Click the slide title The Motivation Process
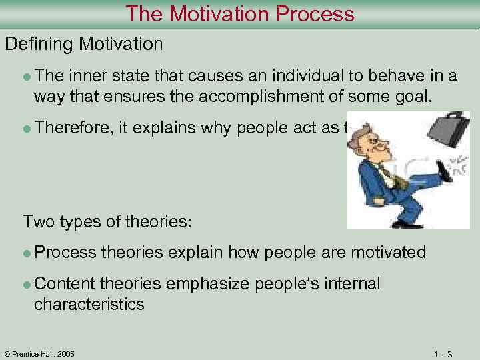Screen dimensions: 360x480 [240, 13]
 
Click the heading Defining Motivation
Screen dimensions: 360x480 [84, 45]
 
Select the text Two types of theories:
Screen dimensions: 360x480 [107, 221]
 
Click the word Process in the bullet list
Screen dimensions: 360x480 [64, 252]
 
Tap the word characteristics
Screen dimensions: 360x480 [89, 305]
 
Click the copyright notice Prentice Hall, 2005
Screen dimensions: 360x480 [40, 353]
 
